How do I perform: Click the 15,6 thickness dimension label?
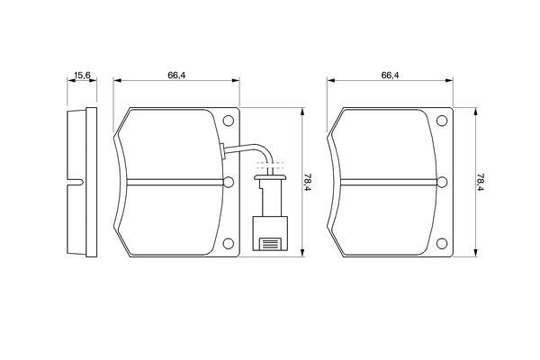82,75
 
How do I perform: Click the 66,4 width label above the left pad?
176,75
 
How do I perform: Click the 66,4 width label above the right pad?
390,75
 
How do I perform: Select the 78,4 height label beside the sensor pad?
307,182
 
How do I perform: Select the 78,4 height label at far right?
481,182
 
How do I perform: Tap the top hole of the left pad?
229,121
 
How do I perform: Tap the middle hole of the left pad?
229,182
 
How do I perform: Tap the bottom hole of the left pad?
229,244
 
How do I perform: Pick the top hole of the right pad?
442,121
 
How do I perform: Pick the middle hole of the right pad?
442,182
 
